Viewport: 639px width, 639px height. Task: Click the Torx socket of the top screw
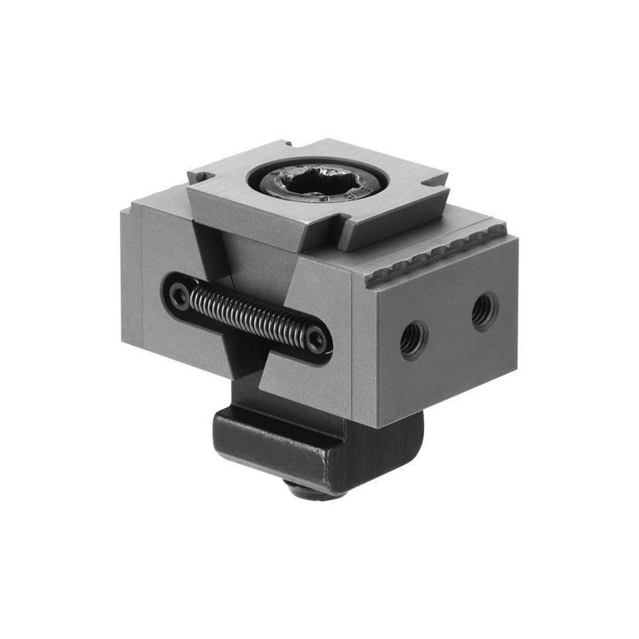pyautogui.click(x=320, y=185)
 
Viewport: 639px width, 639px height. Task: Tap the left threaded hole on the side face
pyautogui.click(x=414, y=340)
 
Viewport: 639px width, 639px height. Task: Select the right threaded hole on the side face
pyautogui.click(x=484, y=311)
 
